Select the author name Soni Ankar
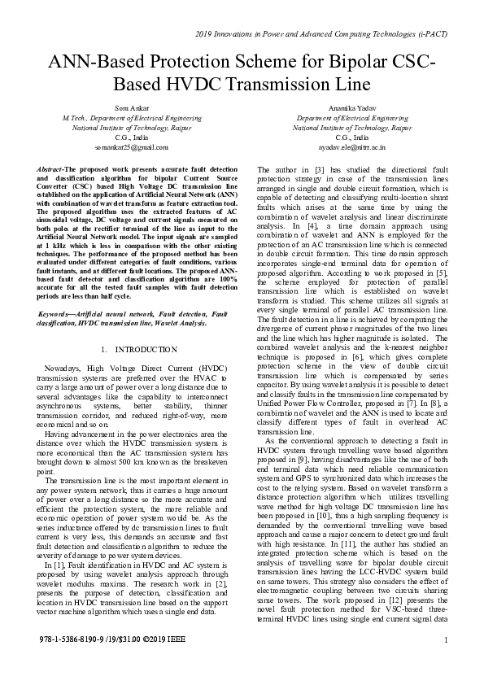(120, 108)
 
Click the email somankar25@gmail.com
(120, 147)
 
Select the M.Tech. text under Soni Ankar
(63, 118)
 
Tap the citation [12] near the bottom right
(370, 621)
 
